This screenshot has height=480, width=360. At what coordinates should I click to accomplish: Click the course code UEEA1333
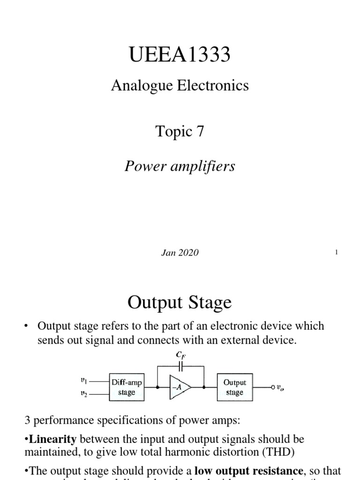point(180,55)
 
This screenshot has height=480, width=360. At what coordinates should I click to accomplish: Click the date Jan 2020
point(180,253)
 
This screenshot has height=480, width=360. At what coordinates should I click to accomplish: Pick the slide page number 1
point(337,253)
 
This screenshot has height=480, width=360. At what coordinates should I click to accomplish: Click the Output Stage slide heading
point(180,302)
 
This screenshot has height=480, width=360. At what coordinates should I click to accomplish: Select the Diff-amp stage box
point(127,387)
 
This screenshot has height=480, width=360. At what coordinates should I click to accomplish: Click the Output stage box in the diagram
point(235,387)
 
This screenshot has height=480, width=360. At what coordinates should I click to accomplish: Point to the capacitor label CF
point(180,356)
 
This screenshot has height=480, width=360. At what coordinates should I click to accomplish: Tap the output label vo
point(280,388)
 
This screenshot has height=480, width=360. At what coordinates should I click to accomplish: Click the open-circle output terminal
point(272,387)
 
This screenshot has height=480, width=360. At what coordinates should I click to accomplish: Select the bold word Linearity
point(48,439)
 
